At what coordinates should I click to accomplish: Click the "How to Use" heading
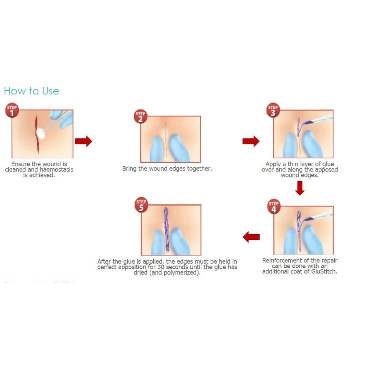point(31,91)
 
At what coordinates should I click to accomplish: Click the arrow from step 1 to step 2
point(83,141)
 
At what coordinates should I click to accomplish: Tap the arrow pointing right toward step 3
point(250,141)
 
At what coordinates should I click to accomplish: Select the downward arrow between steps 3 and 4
point(299,188)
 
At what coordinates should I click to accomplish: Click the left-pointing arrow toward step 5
point(251,237)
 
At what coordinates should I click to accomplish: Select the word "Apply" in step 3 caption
point(274,164)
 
